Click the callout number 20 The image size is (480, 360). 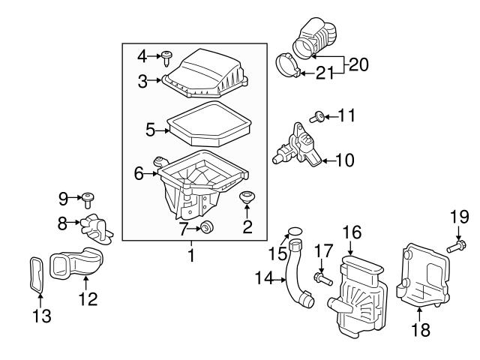tap(358, 65)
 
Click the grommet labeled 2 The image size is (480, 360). tap(245, 199)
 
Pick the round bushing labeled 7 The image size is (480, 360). tap(207, 228)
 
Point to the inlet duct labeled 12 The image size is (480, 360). tap(76, 264)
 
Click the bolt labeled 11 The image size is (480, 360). tap(317, 115)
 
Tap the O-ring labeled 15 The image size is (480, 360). tap(295, 231)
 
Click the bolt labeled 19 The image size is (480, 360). tap(457, 244)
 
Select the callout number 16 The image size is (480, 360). tap(351, 234)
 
